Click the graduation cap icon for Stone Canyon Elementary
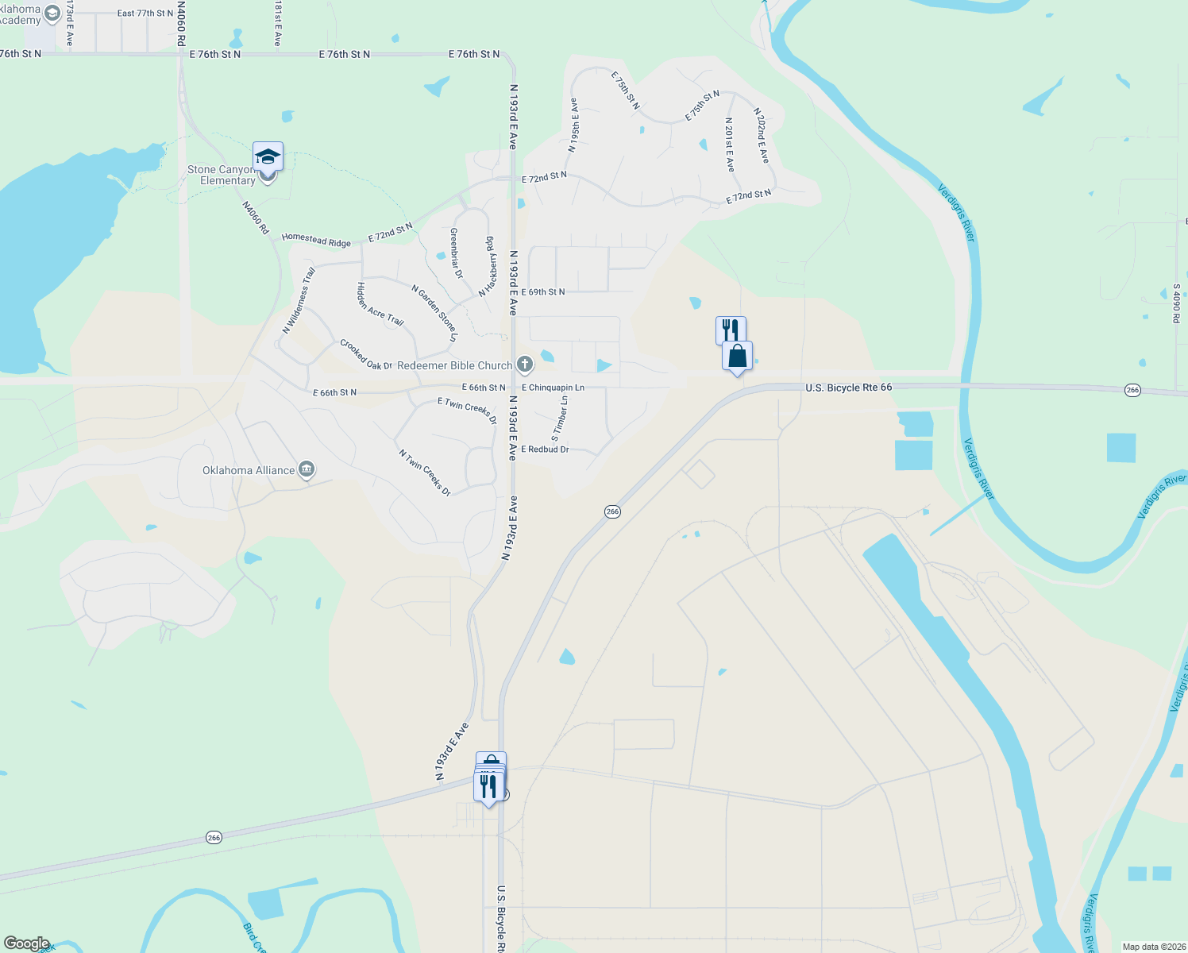pyautogui.click(x=268, y=156)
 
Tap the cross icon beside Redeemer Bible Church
pyautogui.click(x=524, y=365)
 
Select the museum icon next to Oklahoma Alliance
pyautogui.click(x=307, y=470)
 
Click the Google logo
pyautogui.click(x=26, y=943)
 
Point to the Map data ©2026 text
pyautogui.click(x=1153, y=947)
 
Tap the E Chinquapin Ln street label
pyautogui.click(x=553, y=388)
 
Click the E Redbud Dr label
pyautogui.click(x=545, y=449)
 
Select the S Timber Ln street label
pyautogui.click(x=560, y=419)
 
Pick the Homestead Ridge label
pyautogui.click(x=316, y=240)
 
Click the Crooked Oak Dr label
pyautogui.click(x=366, y=355)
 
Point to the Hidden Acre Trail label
pyautogui.click(x=380, y=304)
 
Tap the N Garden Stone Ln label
pyautogui.click(x=435, y=313)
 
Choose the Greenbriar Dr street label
pyautogui.click(x=456, y=253)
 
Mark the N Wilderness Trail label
pyautogui.click(x=299, y=300)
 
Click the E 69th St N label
pyautogui.click(x=543, y=292)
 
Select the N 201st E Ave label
pyautogui.click(x=729, y=145)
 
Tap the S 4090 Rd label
pyautogui.click(x=1176, y=303)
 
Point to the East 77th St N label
pyautogui.click(x=145, y=14)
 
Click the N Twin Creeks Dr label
pyautogui.click(x=425, y=473)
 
